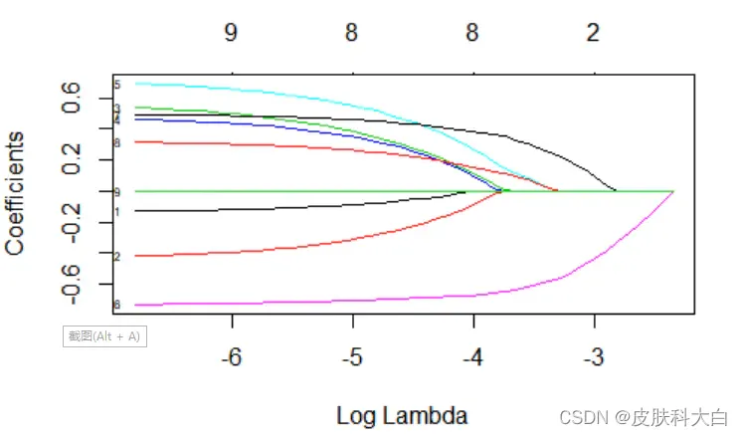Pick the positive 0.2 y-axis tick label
pyautogui.click(x=73, y=160)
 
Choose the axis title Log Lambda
pyautogui.click(x=402, y=414)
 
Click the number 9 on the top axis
pyautogui.click(x=231, y=34)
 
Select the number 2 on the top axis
pyautogui.click(x=593, y=34)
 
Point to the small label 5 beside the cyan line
pyautogui.click(x=117, y=85)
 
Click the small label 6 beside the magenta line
pyautogui.click(x=117, y=305)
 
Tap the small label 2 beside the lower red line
pyautogui.click(x=117, y=257)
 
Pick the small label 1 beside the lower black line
pyautogui.click(x=117, y=211)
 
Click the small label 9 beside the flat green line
pyautogui.click(x=117, y=191)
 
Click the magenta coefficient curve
pyautogui.click(x=398, y=298)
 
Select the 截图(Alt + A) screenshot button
pyautogui.click(x=104, y=335)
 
